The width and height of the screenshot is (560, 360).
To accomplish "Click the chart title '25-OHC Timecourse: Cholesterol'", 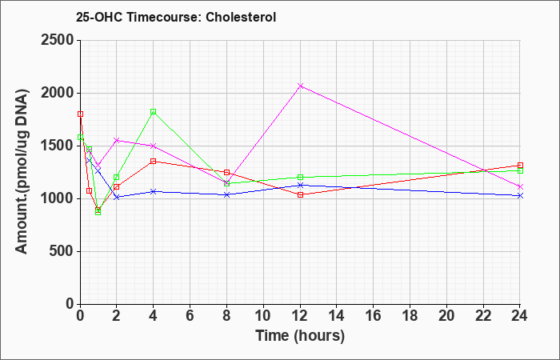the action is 176,17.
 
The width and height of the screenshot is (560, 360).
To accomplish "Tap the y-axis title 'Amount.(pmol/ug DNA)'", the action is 22,171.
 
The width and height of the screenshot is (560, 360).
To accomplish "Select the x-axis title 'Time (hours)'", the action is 300,336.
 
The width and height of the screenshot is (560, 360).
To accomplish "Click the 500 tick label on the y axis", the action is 61,251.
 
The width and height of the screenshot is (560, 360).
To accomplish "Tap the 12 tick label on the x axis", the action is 300,316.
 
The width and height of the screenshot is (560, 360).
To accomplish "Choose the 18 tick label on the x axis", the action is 410,316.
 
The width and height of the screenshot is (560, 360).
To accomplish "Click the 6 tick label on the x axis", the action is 190,316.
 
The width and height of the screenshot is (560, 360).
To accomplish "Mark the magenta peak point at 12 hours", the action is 300,86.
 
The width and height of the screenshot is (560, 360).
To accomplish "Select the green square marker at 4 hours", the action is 154,112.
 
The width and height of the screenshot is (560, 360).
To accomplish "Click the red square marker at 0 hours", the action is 80,114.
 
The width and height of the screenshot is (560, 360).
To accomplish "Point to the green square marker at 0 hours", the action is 80,137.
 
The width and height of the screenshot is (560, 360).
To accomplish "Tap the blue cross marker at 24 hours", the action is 520,196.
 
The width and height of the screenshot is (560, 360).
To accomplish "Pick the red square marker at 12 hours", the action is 300,194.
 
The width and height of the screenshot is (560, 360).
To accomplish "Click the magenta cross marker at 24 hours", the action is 520,186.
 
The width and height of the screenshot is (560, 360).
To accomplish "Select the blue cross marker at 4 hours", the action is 154,191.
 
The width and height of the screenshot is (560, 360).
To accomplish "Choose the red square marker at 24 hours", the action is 520,166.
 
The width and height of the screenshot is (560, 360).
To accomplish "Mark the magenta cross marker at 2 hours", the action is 117,140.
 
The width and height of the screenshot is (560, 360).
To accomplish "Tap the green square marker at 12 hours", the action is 300,177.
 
